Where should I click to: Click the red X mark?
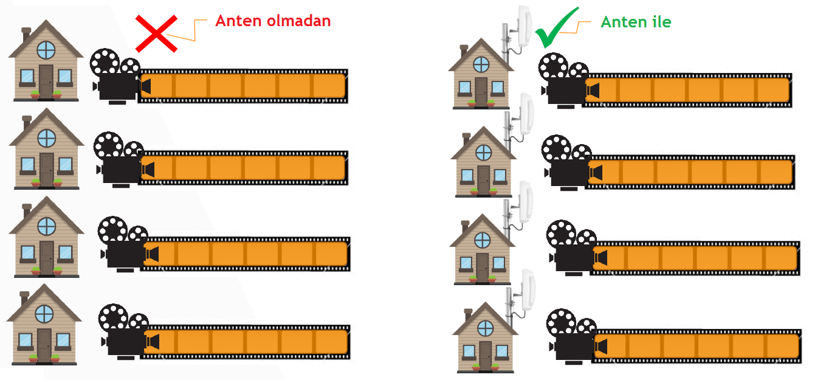[x=156, y=33]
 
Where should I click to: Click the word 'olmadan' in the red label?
[x=298, y=21]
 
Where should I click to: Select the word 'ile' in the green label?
[x=661, y=22]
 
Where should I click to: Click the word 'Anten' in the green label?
[x=624, y=22]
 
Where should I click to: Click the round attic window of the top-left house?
[x=46, y=50]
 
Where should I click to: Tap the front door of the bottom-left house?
[x=44, y=345]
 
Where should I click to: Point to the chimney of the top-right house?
[x=464, y=51]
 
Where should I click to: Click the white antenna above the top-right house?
[x=524, y=27]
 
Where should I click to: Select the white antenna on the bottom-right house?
[x=528, y=291]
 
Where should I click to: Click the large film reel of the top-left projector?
[x=105, y=61]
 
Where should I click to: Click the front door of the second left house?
[x=47, y=170]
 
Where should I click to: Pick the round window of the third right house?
[x=483, y=240]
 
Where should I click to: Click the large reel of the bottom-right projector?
[x=560, y=322]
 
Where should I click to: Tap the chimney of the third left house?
[x=27, y=210]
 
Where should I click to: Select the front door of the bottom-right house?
[x=485, y=354]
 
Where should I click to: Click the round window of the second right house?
[x=483, y=153]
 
